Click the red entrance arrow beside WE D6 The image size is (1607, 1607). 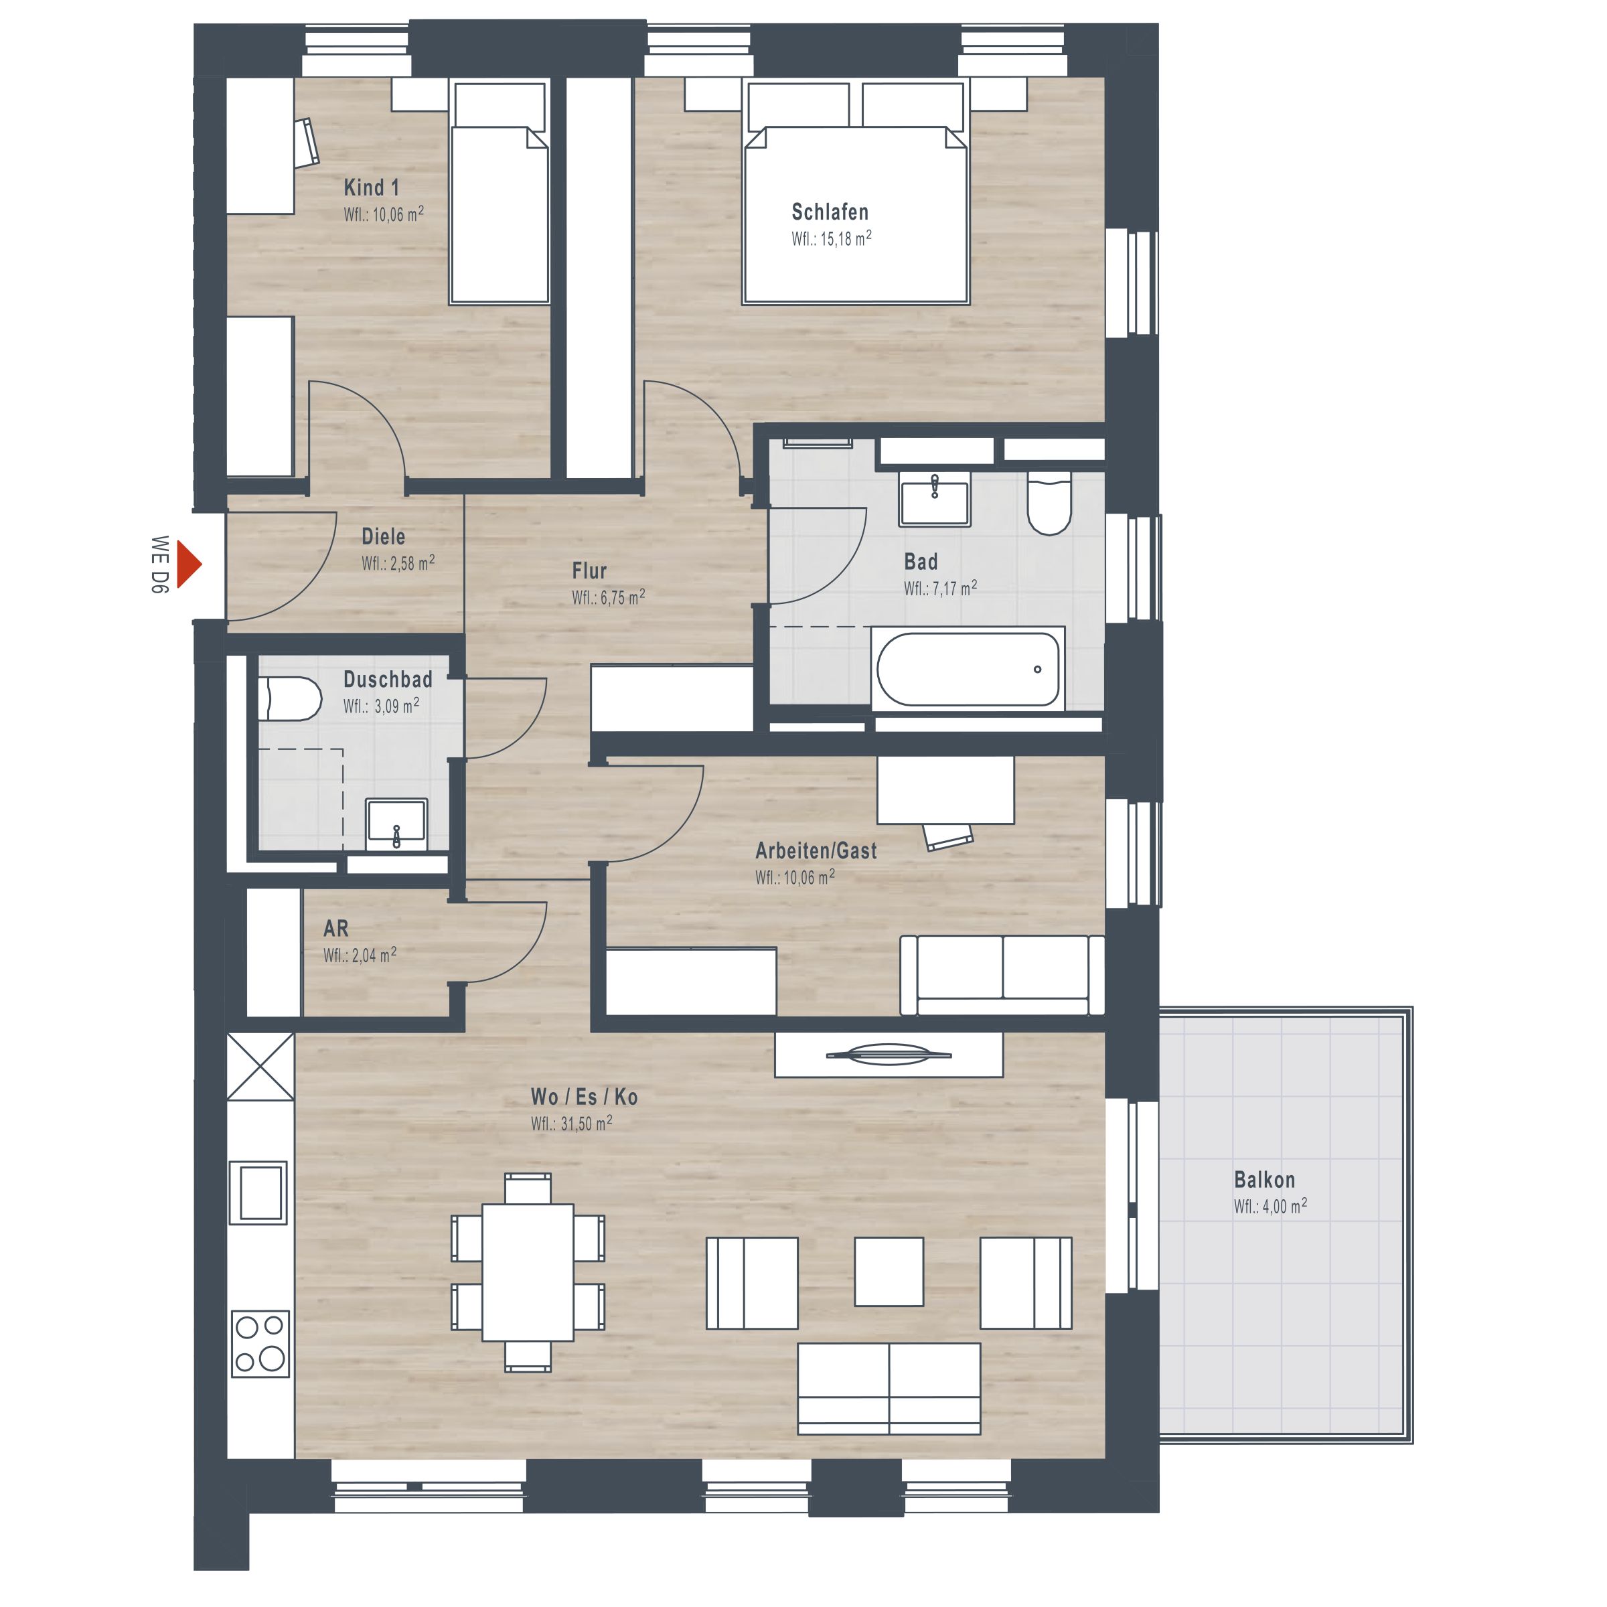point(188,564)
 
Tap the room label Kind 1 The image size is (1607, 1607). point(371,188)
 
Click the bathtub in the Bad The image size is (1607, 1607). point(968,669)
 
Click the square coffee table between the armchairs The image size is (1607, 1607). point(889,1271)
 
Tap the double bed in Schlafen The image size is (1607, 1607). point(856,192)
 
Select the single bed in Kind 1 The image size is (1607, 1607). point(499,192)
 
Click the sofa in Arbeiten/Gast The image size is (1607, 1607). point(1002,975)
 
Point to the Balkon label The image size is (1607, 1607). point(1264,1179)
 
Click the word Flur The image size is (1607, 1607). point(589,570)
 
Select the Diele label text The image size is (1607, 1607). point(384,536)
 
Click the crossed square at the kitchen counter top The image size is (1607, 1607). point(260,1067)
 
